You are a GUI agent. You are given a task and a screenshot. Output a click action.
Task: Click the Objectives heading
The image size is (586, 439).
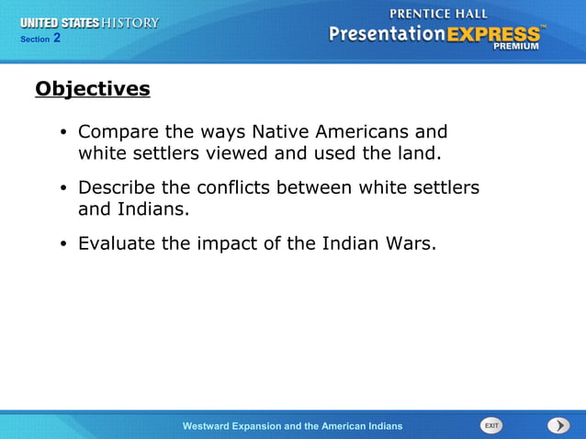[x=92, y=89]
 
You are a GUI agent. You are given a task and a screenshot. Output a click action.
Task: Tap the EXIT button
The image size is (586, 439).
[x=491, y=425]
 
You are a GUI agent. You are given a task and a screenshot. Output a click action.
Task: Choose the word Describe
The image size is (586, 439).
[x=117, y=187]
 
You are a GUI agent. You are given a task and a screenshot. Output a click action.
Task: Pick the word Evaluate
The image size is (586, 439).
[x=117, y=243]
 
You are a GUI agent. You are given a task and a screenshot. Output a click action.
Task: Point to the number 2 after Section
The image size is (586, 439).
[x=57, y=38]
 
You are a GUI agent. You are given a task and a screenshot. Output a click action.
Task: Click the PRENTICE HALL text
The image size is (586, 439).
[x=439, y=13]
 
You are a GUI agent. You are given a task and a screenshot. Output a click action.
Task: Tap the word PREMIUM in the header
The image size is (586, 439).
[x=517, y=46]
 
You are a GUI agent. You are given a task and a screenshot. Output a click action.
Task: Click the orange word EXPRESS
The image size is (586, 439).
[x=494, y=34]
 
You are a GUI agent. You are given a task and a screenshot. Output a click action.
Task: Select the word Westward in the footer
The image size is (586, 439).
[x=213, y=426]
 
